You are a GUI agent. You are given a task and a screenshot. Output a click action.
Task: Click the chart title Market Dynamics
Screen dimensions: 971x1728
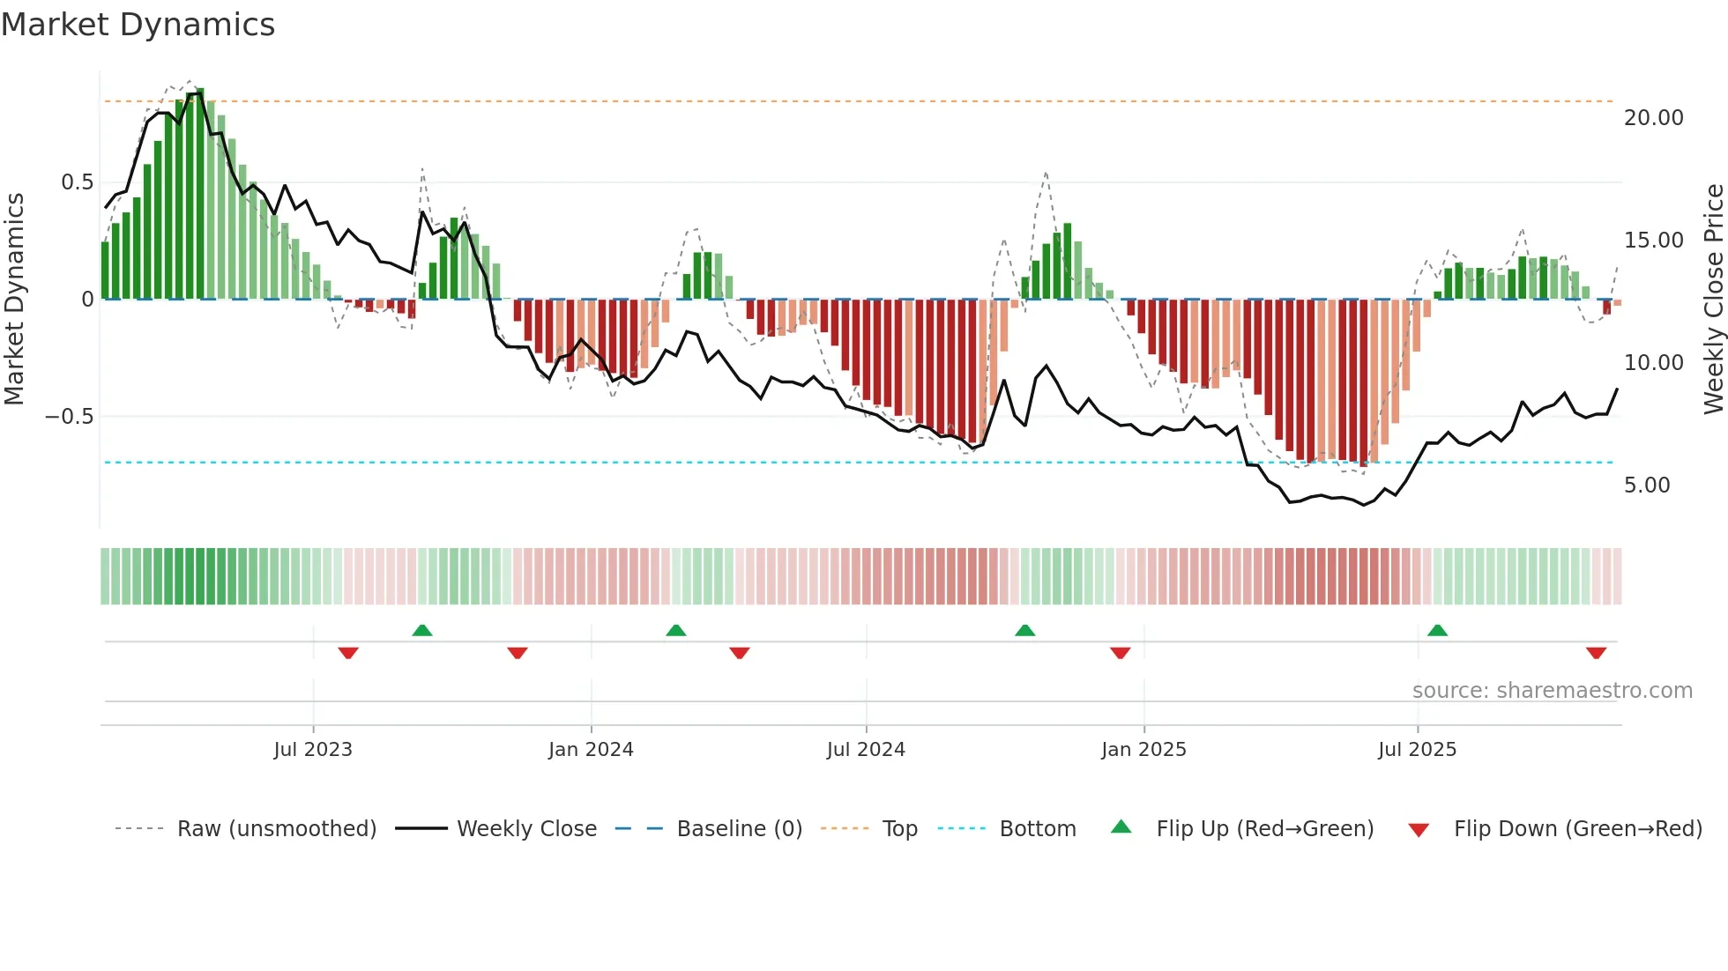pos(138,25)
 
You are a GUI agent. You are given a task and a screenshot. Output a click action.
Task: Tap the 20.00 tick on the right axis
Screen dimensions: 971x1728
pos(1653,118)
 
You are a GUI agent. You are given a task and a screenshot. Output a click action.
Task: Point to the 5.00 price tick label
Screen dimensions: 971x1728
pos(1646,485)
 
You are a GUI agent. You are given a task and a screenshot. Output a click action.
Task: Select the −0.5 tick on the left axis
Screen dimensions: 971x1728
pos(69,417)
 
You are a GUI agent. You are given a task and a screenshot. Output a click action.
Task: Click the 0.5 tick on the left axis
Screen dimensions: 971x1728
pos(77,182)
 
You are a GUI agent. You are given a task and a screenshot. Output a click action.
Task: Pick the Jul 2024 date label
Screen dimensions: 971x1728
pos(865,750)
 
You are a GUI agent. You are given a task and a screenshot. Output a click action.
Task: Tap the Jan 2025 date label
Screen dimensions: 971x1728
pos(1143,750)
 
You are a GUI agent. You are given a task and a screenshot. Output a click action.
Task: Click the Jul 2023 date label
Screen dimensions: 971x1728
pos(312,750)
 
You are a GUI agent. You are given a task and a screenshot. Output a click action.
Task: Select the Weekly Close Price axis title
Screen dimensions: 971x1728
pos(1713,300)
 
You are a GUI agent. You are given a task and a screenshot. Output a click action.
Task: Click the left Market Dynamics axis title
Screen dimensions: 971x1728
pos(14,300)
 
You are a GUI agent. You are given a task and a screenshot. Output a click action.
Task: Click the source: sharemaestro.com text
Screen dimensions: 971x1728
pos(1552,691)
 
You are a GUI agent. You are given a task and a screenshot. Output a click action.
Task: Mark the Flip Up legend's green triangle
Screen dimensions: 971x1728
pos(1121,827)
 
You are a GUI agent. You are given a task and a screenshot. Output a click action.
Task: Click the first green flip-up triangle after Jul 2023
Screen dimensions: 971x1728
pos(422,630)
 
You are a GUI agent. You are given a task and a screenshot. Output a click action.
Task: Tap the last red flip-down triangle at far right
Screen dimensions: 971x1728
pos(1596,653)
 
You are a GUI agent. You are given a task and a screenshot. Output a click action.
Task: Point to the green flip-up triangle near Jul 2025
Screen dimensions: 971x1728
pos(1437,630)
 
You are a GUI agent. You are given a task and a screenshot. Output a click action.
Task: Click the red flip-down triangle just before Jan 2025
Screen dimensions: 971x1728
pos(1120,653)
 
